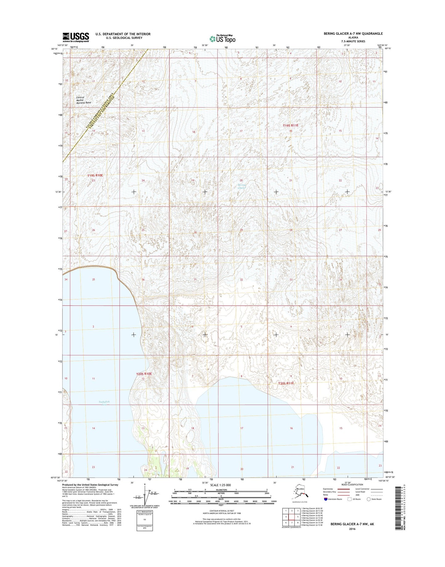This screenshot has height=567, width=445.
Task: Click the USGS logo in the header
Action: point(76,37)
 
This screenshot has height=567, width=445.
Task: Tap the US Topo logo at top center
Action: point(222,39)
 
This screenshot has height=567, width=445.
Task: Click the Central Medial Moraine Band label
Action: point(83,100)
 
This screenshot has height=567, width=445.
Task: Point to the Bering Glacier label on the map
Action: point(242,186)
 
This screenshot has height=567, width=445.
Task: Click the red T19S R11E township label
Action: point(291,126)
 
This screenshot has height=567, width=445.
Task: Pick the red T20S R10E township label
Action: point(144,374)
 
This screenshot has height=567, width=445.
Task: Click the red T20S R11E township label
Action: point(286,384)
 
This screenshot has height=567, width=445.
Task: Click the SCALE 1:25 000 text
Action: point(220,485)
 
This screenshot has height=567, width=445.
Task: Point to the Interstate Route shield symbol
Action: point(326,499)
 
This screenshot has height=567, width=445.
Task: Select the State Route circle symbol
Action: point(369,499)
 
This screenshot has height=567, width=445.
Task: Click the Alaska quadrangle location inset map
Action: point(300,494)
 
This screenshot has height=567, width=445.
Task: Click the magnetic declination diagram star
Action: point(144,484)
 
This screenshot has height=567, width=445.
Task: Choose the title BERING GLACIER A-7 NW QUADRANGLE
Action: point(353,34)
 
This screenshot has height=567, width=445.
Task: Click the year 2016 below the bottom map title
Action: point(352,529)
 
